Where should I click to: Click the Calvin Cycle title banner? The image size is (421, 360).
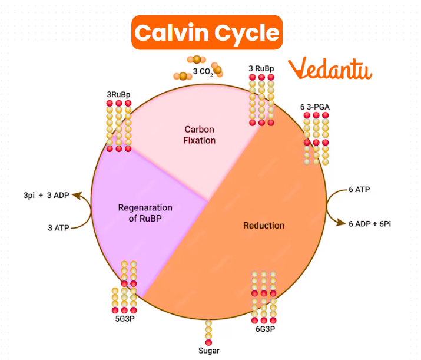[x=207, y=32]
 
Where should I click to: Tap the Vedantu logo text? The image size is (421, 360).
[x=330, y=69]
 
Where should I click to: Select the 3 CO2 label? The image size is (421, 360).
[x=202, y=73]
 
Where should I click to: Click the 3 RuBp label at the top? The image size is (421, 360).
[x=261, y=69]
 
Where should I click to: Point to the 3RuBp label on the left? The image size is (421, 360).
[x=118, y=94]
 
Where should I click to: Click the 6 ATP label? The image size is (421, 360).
[x=359, y=189]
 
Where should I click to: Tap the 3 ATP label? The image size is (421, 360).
[x=59, y=227]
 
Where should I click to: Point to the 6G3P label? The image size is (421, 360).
[x=265, y=329]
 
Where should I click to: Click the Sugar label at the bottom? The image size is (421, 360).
[x=208, y=351]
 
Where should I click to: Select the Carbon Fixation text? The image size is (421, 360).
[x=199, y=135]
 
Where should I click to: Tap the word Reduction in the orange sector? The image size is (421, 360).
[x=264, y=225]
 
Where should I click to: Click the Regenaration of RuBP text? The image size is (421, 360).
[x=145, y=213]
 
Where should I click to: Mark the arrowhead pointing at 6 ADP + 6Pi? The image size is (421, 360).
[x=341, y=223]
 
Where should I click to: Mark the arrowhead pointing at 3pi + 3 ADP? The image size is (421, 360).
[x=77, y=195]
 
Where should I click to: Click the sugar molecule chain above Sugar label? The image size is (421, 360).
[x=208, y=332]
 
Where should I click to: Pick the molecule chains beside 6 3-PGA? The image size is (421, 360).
[x=316, y=138]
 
